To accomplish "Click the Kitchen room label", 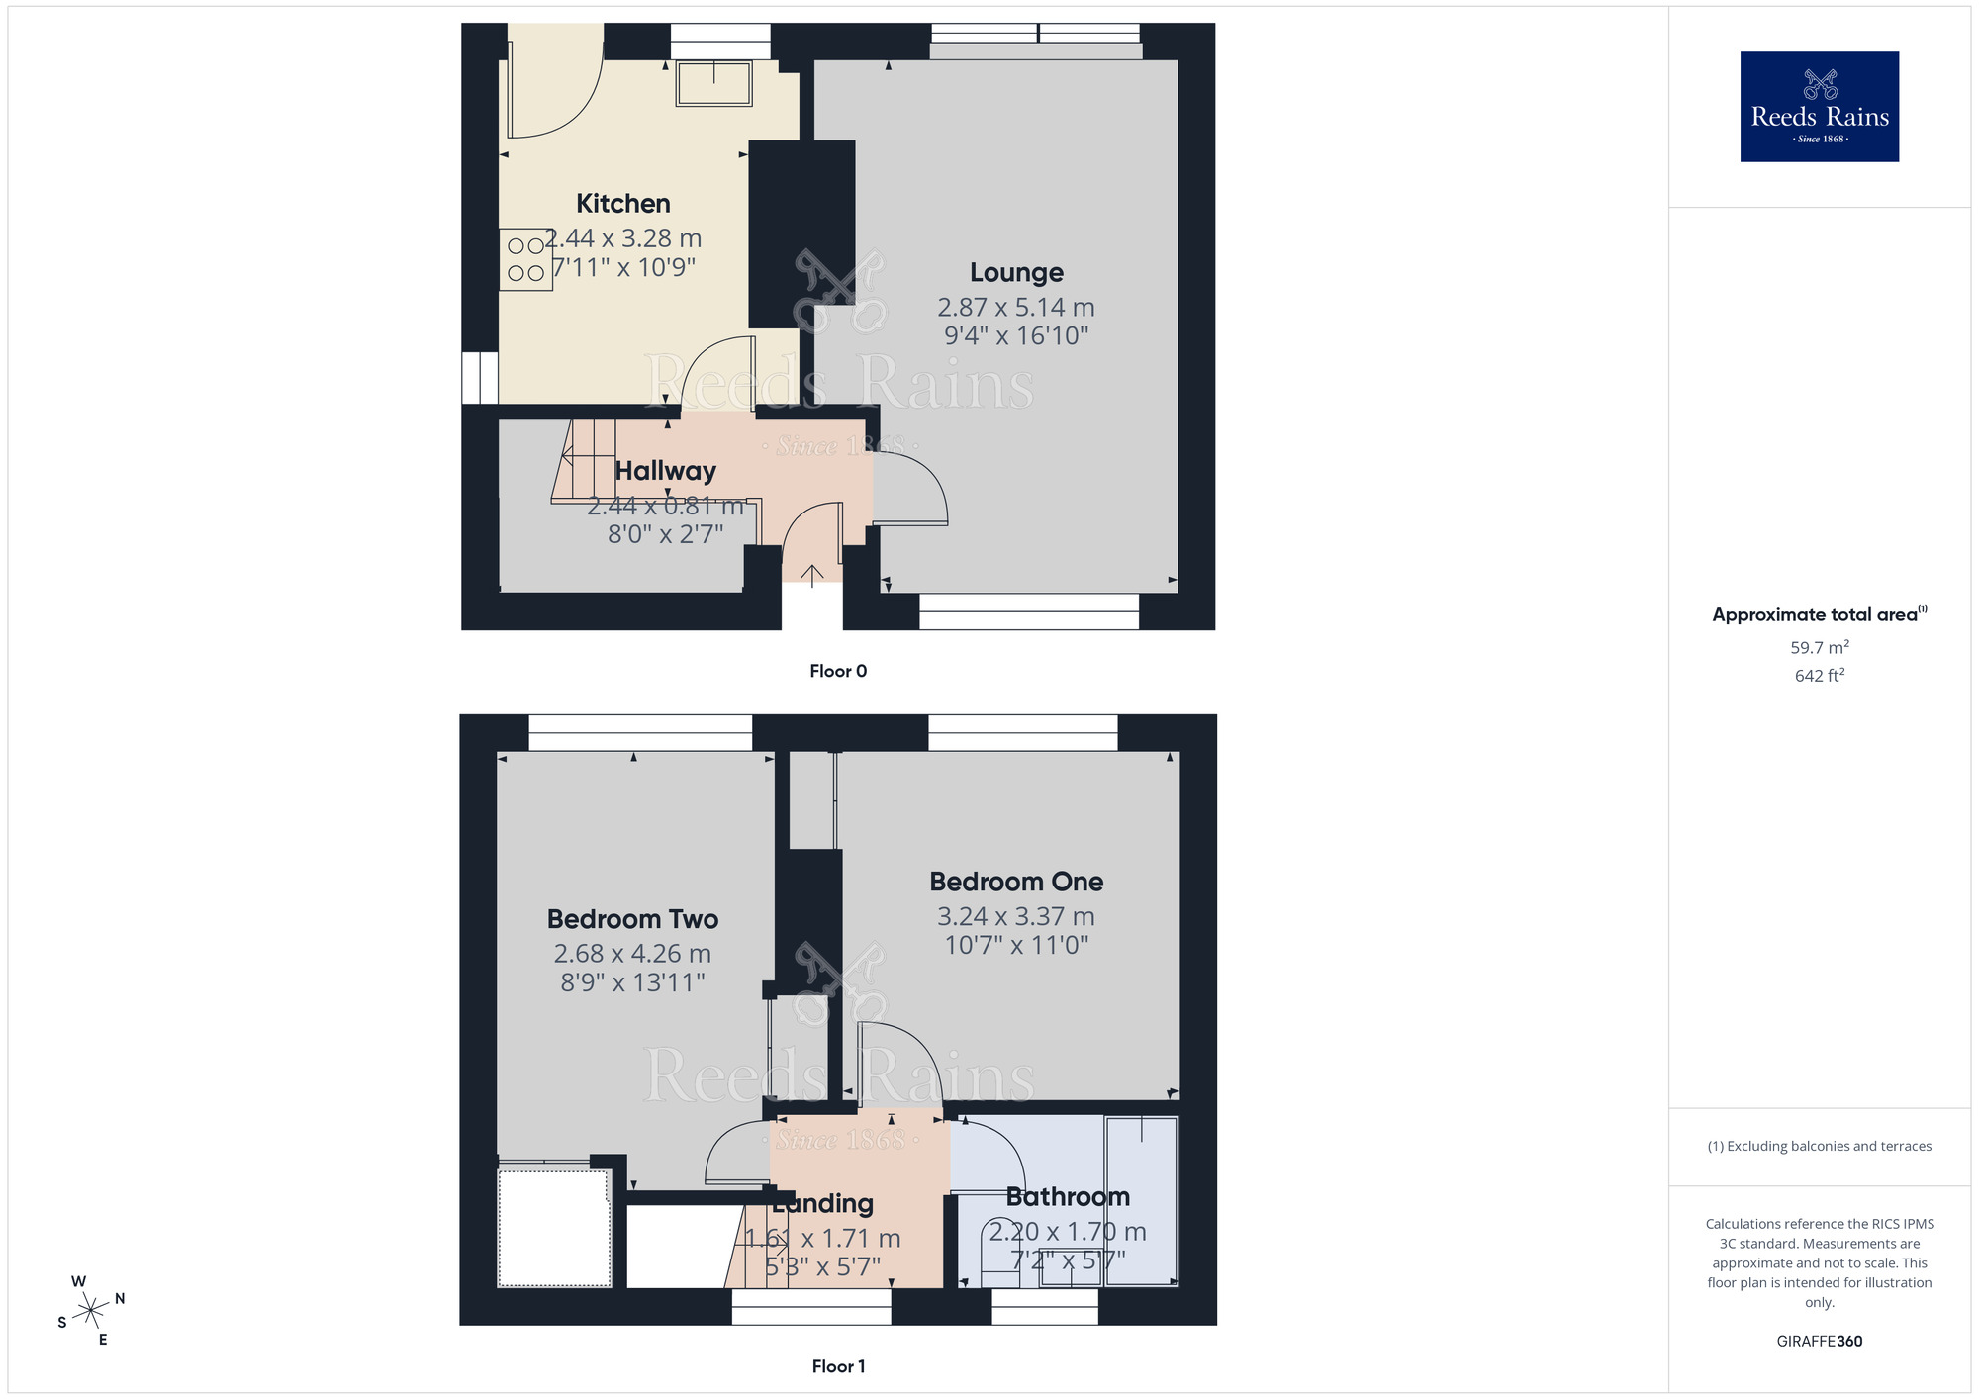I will point(622,204).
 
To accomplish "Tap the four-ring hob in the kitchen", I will point(525,259).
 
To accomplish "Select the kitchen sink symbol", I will point(713,83).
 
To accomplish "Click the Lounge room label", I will point(1016,272).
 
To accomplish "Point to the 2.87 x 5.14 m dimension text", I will point(1016,308).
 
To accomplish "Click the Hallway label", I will point(665,471).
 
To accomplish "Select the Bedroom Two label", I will point(632,919).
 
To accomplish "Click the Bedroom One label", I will point(1016,882).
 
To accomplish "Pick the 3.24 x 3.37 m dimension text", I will point(1016,917).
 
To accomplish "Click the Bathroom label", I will point(1068,1197).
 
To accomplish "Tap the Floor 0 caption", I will point(838,671).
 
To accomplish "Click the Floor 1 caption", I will point(838,1366).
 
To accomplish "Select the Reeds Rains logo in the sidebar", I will point(1819,107).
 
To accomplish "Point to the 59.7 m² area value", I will point(1819,648).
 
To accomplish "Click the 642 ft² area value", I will point(1819,676).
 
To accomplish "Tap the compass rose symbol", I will point(91,1311).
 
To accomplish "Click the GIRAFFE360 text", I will point(1819,1342).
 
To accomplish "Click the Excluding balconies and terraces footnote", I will point(1819,1146).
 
